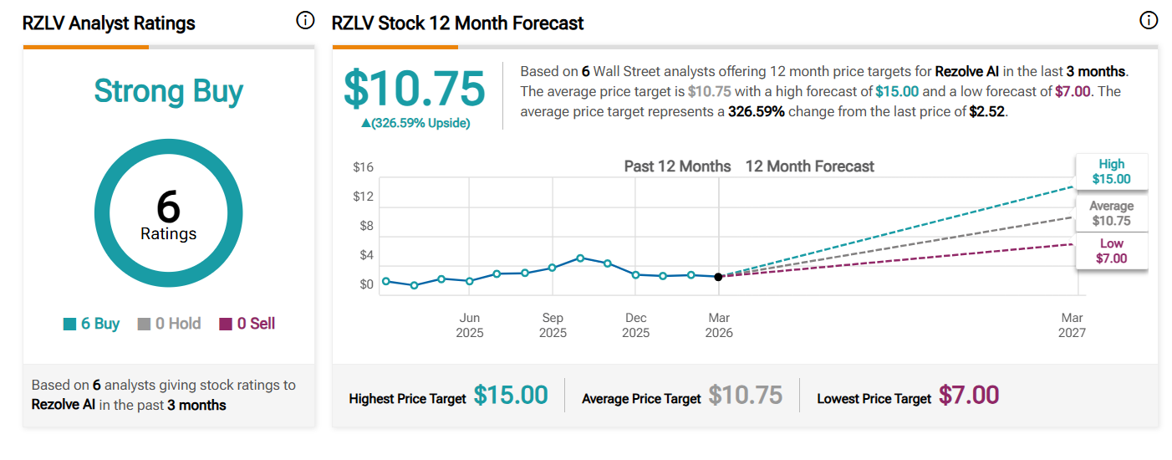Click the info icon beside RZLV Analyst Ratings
click(x=305, y=21)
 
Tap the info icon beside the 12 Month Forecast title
click(x=1149, y=21)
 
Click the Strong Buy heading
click(x=168, y=90)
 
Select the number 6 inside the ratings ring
click(x=168, y=207)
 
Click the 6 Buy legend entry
click(x=92, y=324)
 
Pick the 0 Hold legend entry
click(x=169, y=324)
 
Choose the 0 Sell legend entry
click(x=247, y=324)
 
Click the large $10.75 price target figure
click(x=415, y=89)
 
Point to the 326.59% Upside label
click(x=415, y=123)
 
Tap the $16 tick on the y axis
click(x=363, y=167)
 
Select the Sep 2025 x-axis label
click(x=553, y=325)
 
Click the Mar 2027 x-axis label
click(x=1072, y=325)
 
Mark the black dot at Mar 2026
click(x=719, y=277)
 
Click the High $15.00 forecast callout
click(x=1111, y=171)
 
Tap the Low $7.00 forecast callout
click(x=1111, y=251)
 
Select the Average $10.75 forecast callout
click(x=1111, y=213)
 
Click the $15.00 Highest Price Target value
click(x=511, y=395)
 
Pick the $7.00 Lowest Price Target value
click(x=969, y=395)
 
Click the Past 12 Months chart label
click(x=677, y=166)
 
